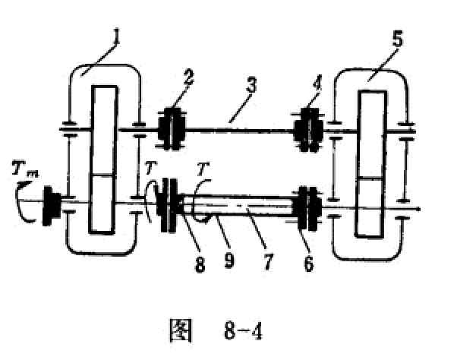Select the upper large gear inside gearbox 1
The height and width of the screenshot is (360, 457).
tap(104, 131)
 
